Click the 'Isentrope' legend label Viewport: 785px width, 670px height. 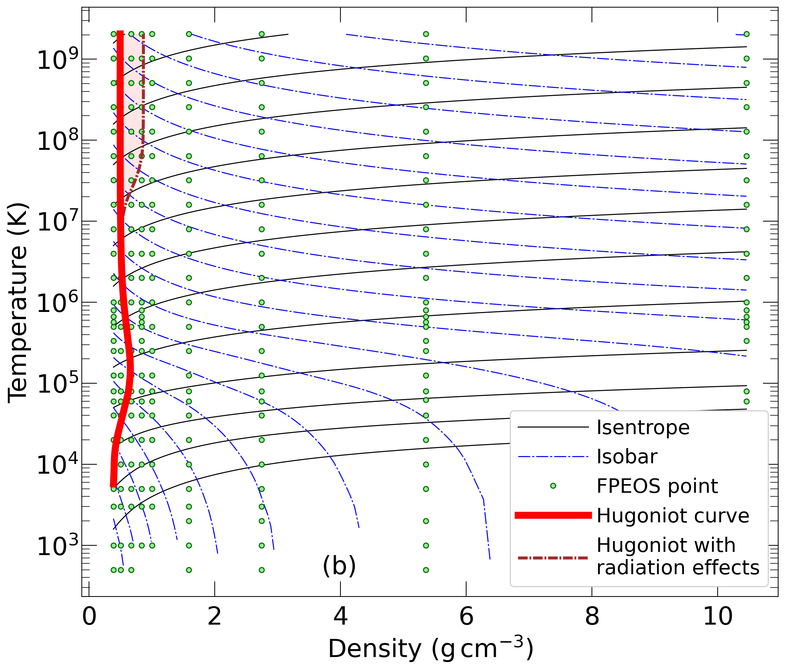click(643, 428)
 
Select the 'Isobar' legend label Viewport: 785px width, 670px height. click(626, 457)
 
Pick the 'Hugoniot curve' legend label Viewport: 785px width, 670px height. click(673, 515)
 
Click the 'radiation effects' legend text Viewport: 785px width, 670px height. click(678, 567)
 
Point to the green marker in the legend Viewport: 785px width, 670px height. click(553, 486)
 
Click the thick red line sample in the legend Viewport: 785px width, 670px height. click(553, 515)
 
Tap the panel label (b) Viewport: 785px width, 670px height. click(339, 566)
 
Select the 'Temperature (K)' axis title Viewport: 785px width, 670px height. click(18, 303)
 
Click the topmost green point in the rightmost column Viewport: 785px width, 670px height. click(746, 34)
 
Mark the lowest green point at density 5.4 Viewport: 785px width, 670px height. click(426, 569)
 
